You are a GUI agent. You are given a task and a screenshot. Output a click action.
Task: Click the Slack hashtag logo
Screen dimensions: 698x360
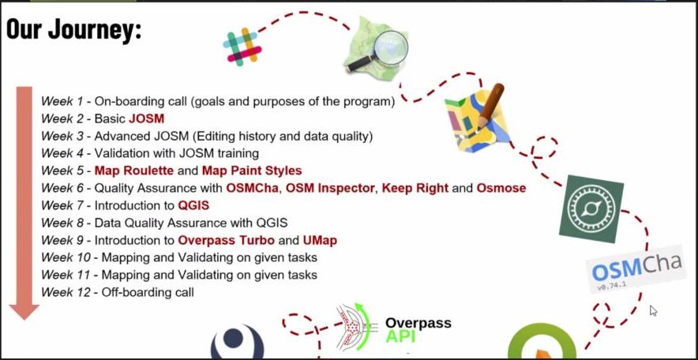coord(242,48)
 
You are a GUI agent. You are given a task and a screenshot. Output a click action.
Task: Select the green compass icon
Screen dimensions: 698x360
coord(591,208)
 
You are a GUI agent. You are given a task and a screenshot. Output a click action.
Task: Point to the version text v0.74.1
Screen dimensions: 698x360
coord(611,286)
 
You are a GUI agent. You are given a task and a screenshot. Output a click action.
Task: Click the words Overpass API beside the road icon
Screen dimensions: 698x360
coord(418,330)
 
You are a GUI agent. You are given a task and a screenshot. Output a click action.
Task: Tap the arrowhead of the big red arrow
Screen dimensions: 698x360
coord(24,312)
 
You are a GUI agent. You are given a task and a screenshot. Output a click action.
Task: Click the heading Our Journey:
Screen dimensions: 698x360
coord(73,30)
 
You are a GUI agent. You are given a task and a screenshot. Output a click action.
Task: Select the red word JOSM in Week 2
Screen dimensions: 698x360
coord(146,118)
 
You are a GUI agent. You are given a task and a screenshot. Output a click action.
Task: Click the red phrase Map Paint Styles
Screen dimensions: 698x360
coord(252,171)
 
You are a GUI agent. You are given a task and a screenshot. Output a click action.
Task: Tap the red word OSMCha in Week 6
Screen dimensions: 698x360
coord(253,188)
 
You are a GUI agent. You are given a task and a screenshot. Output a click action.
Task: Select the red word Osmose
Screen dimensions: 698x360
coord(501,188)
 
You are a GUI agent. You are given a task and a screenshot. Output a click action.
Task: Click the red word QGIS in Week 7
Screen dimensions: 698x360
coord(193,205)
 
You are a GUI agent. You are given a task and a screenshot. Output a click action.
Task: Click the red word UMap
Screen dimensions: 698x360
coord(320,240)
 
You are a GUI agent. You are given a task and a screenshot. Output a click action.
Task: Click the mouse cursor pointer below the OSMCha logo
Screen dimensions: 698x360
coord(653,310)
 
